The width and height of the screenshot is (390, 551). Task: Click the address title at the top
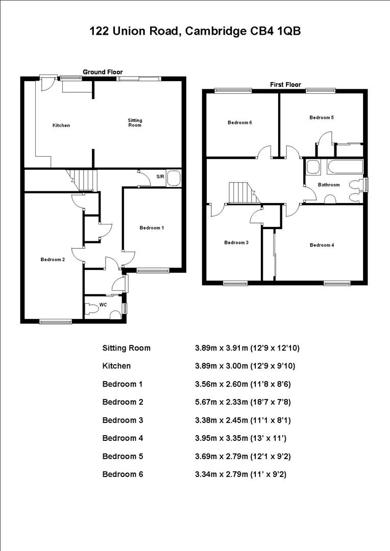click(x=195, y=32)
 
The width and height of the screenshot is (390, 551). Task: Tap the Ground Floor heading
click(x=103, y=72)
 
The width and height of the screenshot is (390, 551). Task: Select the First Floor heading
click(x=285, y=84)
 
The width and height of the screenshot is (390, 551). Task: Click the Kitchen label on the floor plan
click(x=61, y=126)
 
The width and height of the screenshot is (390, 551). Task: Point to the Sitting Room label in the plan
click(x=135, y=122)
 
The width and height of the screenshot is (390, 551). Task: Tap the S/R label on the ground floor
click(x=160, y=177)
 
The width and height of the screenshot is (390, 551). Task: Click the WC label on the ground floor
click(x=103, y=305)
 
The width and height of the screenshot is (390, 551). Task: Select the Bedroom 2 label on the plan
click(x=53, y=260)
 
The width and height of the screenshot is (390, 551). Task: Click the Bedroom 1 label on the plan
click(x=152, y=228)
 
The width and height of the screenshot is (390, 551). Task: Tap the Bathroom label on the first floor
click(x=328, y=185)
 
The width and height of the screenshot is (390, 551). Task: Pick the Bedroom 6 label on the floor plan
click(x=239, y=122)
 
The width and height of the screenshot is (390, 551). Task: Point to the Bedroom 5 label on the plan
click(x=322, y=117)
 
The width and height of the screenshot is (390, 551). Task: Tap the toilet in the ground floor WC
click(x=92, y=309)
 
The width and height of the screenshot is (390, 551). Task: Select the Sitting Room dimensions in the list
click(x=247, y=348)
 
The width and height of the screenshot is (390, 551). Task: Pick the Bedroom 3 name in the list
click(x=123, y=420)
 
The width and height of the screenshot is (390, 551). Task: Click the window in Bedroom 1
click(x=153, y=270)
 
